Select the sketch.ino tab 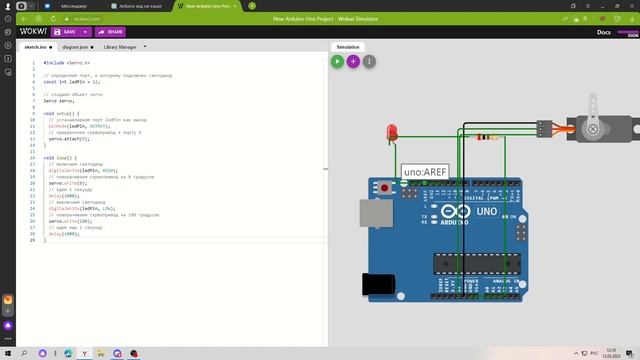pyautogui.click(x=37, y=46)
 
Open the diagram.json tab pyautogui.click(x=77, y=46)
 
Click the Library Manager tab pyautogui.click(x=122, y=46)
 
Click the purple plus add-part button pyautogui.click(x=353, y=61)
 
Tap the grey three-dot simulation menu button pyautogui.click(x=369, y=61)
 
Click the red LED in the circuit pyautogui.click(x=394, y=131)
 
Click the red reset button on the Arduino pyautogui.click(x=384, y=186)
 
